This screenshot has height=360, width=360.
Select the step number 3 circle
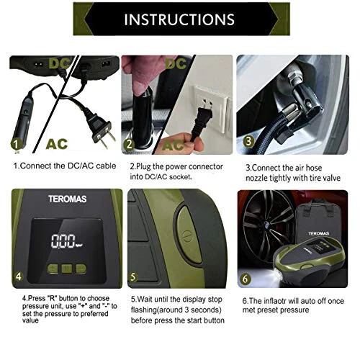250,141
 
